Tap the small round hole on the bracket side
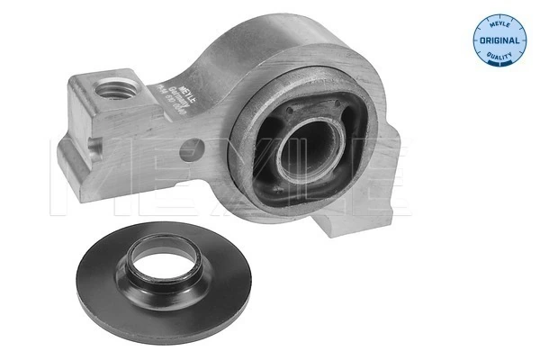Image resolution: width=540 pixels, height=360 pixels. (x=190, y=148)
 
